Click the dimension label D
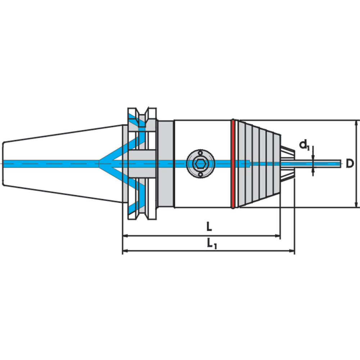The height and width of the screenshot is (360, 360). tap(350, 164)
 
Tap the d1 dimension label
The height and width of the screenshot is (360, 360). tap(305, 145)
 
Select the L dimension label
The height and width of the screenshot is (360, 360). tap(209, 227)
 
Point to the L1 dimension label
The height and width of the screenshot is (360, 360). tap(212, 244)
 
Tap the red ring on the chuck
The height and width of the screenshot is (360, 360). tap(233, 164)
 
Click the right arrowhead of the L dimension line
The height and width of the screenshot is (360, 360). tap(278, 236)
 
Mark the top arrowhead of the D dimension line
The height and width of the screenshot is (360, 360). tap(356, 123)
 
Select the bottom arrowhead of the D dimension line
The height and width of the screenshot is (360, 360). tap(356, 204)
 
